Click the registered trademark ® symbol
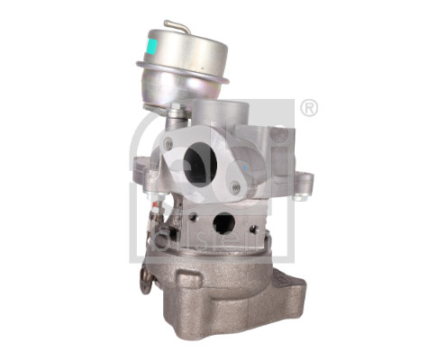(x=310, y=108)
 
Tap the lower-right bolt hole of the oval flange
(x=235, y=187)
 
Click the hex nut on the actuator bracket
(x=178, y=112)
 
